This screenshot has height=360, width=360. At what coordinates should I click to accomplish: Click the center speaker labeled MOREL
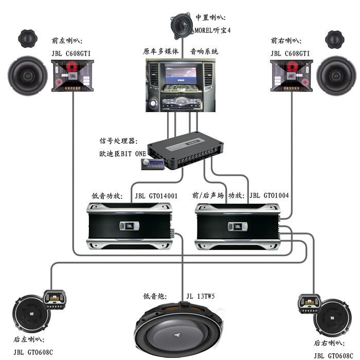(x=182, y=24)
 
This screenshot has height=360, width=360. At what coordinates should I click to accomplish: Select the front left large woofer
(x=28, y=76)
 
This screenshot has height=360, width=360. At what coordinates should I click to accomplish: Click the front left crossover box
(x=73, y=76)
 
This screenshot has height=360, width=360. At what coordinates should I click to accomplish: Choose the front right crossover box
(x=291, y=76)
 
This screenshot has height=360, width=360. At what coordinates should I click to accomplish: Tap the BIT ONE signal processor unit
(x=188, y=149)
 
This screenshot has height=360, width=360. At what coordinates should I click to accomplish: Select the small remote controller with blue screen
(x=153, y=164)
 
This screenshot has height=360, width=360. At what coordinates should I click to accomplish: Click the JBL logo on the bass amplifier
(x=129, y=226)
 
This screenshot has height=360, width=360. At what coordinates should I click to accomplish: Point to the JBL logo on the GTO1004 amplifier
(x=237, y=226)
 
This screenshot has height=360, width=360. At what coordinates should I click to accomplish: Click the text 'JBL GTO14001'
(x=156, y=195)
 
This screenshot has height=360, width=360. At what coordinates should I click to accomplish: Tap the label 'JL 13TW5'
(x=201, y=297)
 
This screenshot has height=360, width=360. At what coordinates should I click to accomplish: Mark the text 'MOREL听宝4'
(x=212, y=30)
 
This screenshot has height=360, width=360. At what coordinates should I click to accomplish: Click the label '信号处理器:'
(x=117, y=140)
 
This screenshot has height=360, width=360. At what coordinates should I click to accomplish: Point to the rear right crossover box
(x=309, y=304)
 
